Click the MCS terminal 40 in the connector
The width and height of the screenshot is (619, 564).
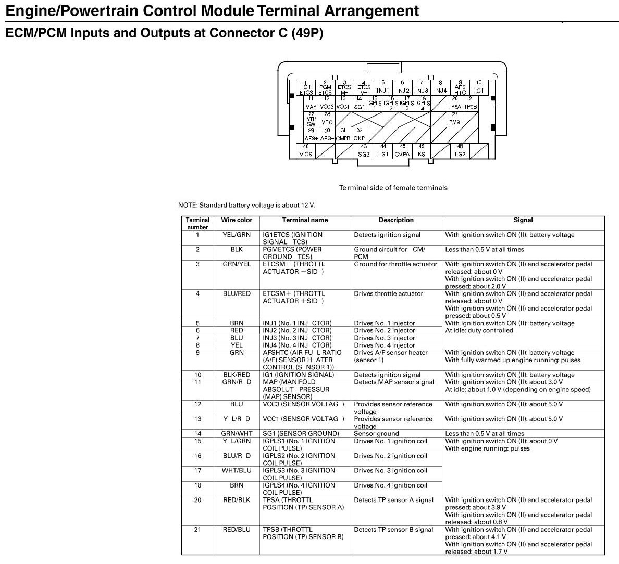305,151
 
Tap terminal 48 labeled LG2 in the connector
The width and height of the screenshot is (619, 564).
460,151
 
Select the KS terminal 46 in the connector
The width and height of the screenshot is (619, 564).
421,151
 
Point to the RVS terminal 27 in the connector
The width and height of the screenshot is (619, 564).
454,119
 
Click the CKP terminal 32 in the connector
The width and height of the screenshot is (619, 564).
359,135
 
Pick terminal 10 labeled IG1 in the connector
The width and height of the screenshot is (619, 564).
478,87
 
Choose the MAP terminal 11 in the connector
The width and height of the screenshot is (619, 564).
311,103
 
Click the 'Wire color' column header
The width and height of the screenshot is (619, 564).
236,220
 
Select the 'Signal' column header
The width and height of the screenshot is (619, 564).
523,220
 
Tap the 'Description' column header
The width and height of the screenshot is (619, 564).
396,220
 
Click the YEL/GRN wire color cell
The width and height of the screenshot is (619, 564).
237,235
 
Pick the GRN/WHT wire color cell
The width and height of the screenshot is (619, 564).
237,433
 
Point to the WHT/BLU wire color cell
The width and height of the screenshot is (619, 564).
237,470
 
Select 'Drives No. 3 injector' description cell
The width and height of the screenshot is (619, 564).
385,338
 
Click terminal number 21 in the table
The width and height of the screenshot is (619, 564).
197,529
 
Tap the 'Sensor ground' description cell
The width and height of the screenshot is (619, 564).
376,433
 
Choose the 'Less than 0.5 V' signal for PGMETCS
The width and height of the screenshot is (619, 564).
485,249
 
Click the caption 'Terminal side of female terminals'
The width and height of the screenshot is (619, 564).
393,188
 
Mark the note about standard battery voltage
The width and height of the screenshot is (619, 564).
246,206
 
